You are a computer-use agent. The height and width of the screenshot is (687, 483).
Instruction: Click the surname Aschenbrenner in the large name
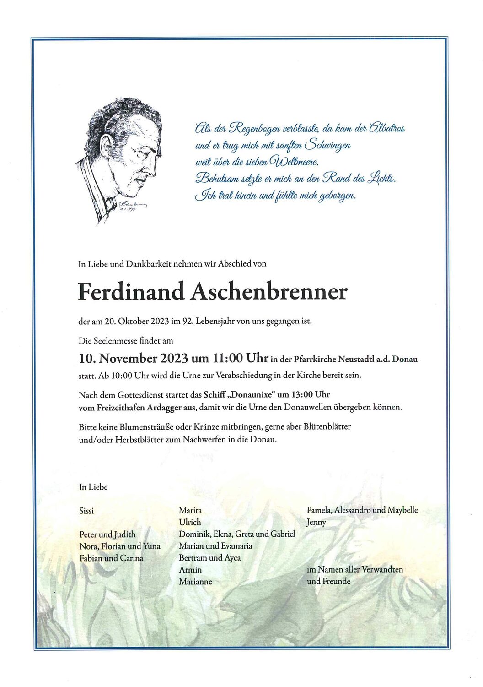(269, 292)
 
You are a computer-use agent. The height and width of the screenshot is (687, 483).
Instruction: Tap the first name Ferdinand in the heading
(131, 292)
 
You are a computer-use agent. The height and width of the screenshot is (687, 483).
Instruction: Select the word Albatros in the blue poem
(386, 129)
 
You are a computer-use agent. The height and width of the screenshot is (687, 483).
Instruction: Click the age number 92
(187, 321)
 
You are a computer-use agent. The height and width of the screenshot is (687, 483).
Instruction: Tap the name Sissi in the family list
(86, 511)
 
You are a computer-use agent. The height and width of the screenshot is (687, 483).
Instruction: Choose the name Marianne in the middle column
(195, 582)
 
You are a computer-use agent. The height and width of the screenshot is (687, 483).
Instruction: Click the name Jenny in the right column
(317, 522)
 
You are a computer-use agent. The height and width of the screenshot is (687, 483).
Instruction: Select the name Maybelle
(402, 510)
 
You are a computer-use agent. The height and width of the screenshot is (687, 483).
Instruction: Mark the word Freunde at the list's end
(336, 582)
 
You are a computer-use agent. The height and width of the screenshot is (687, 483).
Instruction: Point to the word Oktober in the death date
(133, 321)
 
